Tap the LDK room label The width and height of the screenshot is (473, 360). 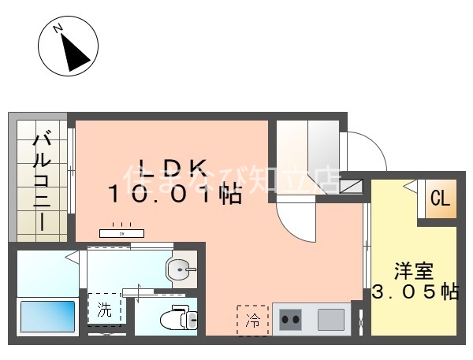[x=173, y=167]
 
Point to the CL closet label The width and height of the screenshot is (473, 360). [x=440, y=200]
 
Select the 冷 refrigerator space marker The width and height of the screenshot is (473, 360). [x=252, y=320]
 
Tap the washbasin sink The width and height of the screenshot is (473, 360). [x=182, y=271]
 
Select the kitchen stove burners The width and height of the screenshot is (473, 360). [x=291, y=320]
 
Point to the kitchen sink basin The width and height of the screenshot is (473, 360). [x=331, y=320]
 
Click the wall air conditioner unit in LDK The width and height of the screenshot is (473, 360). [x=121, y=233]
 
